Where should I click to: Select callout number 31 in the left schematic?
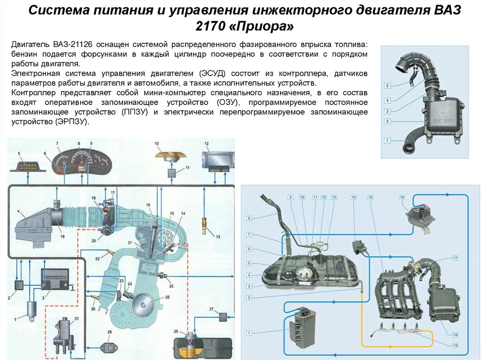77,319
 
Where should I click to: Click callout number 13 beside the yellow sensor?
218,237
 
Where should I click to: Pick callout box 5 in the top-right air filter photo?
387,86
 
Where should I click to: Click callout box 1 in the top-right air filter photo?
387,140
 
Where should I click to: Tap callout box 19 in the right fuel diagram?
455,345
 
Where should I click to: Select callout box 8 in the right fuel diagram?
249,218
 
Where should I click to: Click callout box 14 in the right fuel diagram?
353,198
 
